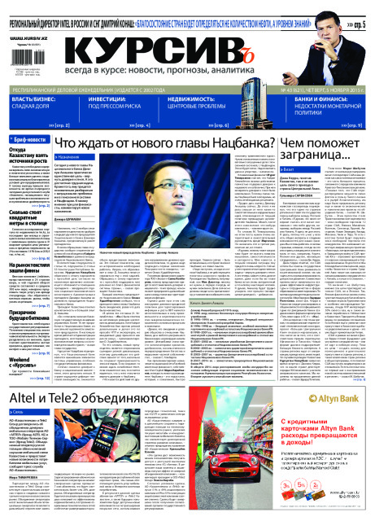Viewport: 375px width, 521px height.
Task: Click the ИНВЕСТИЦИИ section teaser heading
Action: (122, 101)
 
